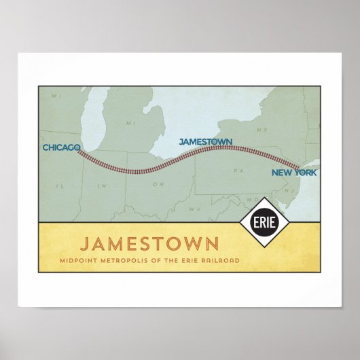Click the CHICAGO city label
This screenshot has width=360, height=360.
[61, 147]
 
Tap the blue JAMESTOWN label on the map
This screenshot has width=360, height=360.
[205, 142]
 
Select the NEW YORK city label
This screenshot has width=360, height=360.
[293, 173]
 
